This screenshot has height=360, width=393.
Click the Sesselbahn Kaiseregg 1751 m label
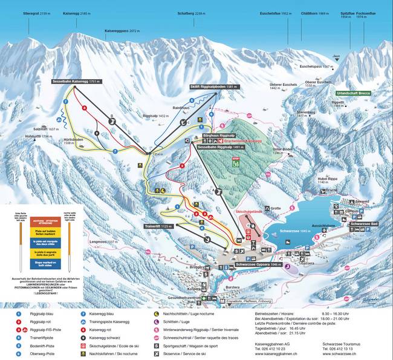pyautogui.click(x=78, y=80)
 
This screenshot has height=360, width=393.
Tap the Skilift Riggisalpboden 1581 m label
pyautogui.click(x=215, y=87)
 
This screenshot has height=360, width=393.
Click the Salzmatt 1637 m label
pyautogui.click(x=45, y=129)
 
